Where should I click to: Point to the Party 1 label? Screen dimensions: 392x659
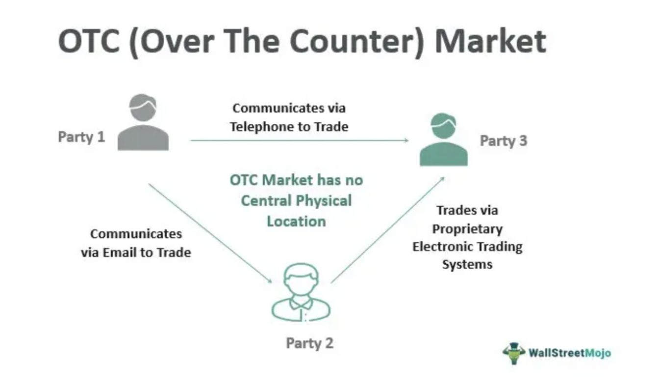tap(81, 137)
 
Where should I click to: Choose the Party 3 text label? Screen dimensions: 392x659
tap(503, 141)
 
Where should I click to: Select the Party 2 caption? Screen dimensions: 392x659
tap(309, 343)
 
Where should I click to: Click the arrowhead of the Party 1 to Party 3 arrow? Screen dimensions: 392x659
tap(406, 140)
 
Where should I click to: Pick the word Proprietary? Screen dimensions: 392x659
tap(467, 229)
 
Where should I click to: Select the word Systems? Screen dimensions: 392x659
tap(467, 264)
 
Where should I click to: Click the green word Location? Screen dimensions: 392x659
tap(296, 221)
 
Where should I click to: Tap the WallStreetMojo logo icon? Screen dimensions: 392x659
tap(514, 353)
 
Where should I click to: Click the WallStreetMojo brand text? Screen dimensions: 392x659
tap(569, 353)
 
